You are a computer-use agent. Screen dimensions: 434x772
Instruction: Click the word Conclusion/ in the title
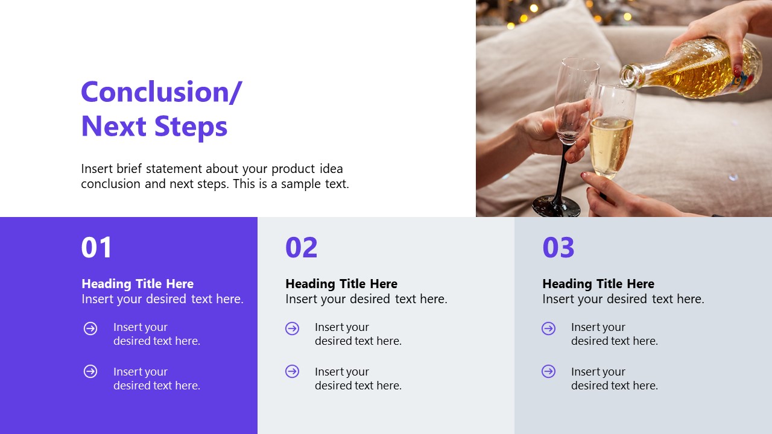161,92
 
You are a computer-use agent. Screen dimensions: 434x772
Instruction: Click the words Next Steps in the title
154,127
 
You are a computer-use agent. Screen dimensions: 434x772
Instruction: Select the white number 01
96,248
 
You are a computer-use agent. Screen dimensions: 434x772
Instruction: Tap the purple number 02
301,248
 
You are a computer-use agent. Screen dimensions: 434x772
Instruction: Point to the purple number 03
558,248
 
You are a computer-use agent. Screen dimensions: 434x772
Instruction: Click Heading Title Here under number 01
138,284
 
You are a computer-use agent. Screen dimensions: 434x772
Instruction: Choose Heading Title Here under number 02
341,284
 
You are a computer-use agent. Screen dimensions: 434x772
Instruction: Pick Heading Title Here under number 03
598,284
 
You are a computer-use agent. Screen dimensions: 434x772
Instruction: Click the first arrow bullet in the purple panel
90,329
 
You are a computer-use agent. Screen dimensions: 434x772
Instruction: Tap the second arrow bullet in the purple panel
90,371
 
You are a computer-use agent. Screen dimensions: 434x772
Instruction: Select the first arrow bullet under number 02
293,329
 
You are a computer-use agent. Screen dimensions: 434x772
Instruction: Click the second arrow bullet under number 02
293,371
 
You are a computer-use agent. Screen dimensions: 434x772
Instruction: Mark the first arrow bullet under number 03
549,329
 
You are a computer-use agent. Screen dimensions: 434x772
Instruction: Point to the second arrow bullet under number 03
549,371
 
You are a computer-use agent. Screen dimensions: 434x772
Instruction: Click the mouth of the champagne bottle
628,75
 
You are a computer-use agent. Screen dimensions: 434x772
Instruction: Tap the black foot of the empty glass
556,206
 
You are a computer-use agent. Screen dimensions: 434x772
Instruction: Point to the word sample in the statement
302,184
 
